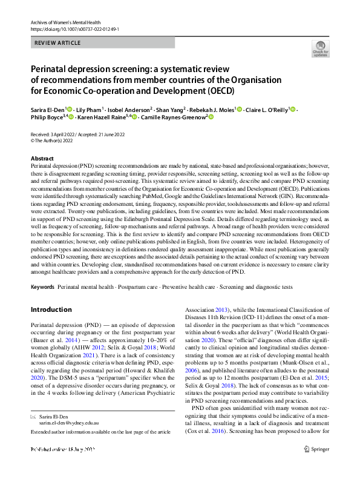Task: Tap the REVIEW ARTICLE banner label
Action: pyautogui.click(x=57, y=43)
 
